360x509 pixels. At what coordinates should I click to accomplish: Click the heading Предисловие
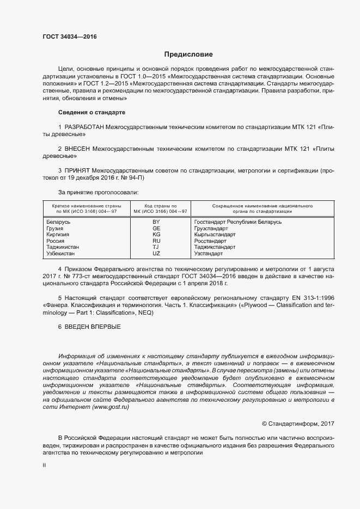(189, 54)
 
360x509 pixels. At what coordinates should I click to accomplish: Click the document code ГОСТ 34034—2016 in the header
(69, 36)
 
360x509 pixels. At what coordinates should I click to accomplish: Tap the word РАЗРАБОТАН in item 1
(84, 127)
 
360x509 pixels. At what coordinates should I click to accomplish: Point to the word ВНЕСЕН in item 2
(77, 148)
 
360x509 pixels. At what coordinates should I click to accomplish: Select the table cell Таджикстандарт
(214, 247)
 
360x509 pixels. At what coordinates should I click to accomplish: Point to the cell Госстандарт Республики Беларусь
(237, 222)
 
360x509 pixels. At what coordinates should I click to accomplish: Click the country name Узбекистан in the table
(62, 253)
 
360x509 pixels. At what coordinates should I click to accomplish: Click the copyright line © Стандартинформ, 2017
(298, 423)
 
